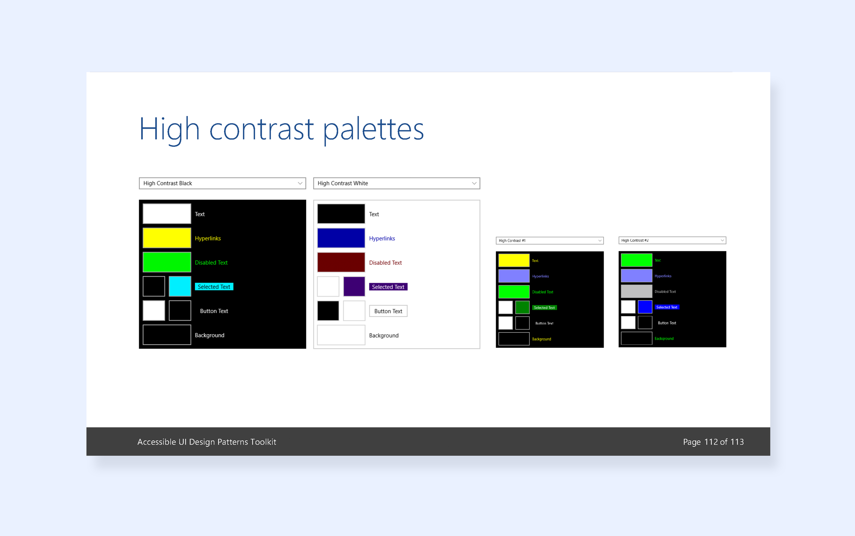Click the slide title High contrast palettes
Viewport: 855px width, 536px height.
pos(281,129)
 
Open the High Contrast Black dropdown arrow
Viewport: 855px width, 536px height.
pos(300,183)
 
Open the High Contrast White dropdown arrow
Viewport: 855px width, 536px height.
pos(474,183)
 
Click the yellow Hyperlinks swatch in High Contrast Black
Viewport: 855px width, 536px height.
pos(167,238)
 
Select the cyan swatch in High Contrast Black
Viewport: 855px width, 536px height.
pos(180,286)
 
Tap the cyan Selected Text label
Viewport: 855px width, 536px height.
pos(214,287)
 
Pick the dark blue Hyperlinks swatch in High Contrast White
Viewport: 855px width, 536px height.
pos(341,238)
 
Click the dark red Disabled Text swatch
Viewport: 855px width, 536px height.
pos(341,262)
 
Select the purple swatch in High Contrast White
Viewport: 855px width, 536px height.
pos(354,286)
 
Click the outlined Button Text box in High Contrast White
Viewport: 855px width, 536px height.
pos(388,311)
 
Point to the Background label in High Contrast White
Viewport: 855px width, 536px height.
pos(384,335)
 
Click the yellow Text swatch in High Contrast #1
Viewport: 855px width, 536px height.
pos(514,260)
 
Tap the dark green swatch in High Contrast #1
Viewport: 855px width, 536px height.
pos(522,308)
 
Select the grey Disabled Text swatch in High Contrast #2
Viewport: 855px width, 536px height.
pos(636,291)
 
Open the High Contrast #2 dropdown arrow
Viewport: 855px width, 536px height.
pos(722,240)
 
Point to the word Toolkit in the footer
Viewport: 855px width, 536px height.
pos(263,442)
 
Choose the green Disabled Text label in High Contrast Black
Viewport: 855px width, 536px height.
pos(211,263)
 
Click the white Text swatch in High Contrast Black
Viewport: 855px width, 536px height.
pos(167,214)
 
